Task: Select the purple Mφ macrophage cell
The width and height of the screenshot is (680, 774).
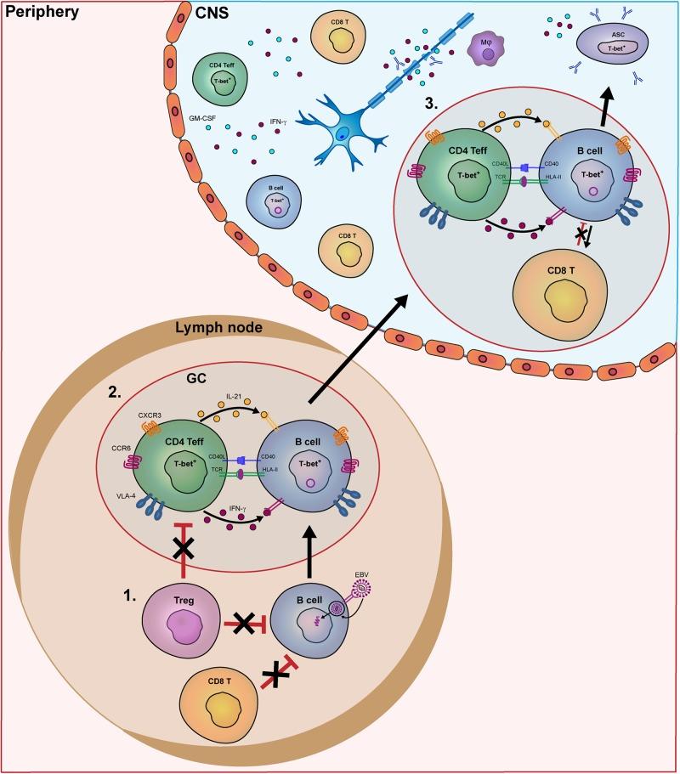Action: pyautogui.click(x=484, y=52)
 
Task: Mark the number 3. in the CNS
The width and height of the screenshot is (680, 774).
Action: pyautogui.click(x=433, y=104)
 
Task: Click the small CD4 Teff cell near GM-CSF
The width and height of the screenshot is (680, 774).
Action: pyautogui.click(x=222, y=75)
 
